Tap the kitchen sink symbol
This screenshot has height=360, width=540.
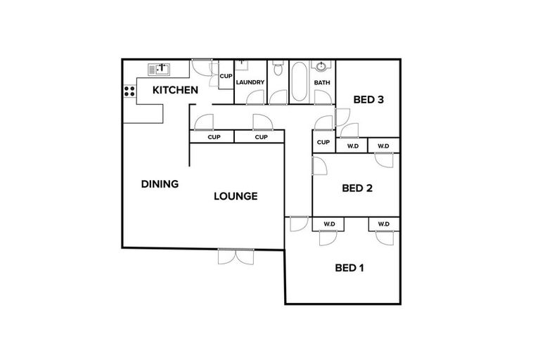pyautogui.click(x=160, y=69)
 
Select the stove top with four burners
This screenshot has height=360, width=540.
pyautogui.click(x=130, y=91)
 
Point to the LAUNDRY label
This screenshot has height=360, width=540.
pyautogui.click(x=250, y=83)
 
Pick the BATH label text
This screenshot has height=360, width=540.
pyautogui.click(x=322, y=83)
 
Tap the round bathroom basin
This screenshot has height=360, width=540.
pyautogui.click(x=321, y=67)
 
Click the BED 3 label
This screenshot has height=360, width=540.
pyautogui.click(x=368, y=100)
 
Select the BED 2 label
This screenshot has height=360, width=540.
pyautogui.click(x=356, y=188)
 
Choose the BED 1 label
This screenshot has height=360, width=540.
pyautogui.click(x=349, y=267)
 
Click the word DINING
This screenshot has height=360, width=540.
pyautogui.click(x=160, y=184)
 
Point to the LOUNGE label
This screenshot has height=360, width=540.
pyautogui.click(x=236, y=196)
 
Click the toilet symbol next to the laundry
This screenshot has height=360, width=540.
pyautogui.click(x=278, y=69)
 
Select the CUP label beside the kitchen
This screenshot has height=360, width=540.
pyautogui.click(x=226, y=76)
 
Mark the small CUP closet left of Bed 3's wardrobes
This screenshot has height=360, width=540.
pyautogui.click(x=323, y=143)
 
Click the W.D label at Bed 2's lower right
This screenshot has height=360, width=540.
pyautogui.click(x=383, y=224)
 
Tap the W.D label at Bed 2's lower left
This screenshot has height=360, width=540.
pyautogui.click(x=329, y=224)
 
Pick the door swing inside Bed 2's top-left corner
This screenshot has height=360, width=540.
pyautogui.click(x=319, y=167)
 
